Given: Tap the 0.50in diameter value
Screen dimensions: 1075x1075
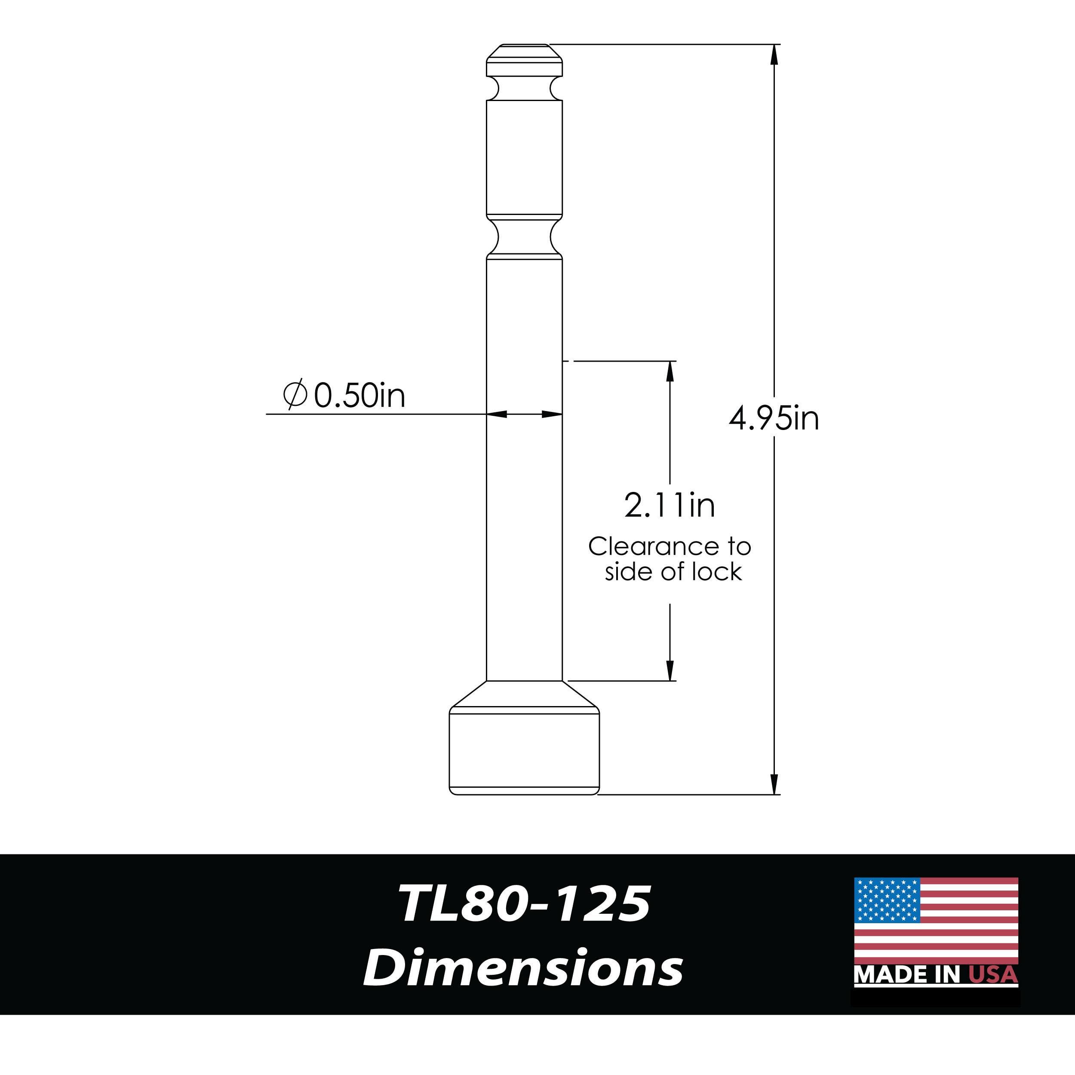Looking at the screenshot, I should pos(359,396).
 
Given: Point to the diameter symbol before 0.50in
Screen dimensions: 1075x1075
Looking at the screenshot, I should pos(295,394).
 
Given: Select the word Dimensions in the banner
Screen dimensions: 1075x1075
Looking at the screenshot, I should pos(523,969).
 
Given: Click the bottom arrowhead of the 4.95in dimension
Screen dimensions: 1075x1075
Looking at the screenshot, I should pos(774,784).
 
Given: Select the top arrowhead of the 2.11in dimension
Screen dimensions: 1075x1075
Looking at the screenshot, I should pos(670,371).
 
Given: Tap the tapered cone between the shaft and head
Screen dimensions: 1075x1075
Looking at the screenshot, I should pos(524,694).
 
